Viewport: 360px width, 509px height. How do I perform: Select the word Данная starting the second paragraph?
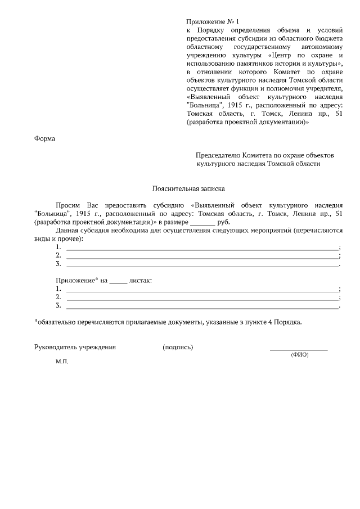coord(69,231)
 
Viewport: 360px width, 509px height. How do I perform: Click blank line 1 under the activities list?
coord(202,247)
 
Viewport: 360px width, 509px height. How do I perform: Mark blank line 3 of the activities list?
coord(202,264)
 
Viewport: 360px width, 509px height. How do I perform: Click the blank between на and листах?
coord(118,280)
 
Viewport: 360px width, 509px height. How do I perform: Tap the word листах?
coord(141,280)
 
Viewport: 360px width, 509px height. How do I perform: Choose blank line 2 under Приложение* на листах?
coord(202,297)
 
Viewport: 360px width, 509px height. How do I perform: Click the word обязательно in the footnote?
coord(60,322)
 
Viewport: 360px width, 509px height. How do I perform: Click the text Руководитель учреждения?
coord(75,347)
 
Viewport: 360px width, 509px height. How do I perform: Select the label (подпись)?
coord(178,347)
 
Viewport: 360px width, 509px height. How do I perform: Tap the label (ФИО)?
coord(299,355)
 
